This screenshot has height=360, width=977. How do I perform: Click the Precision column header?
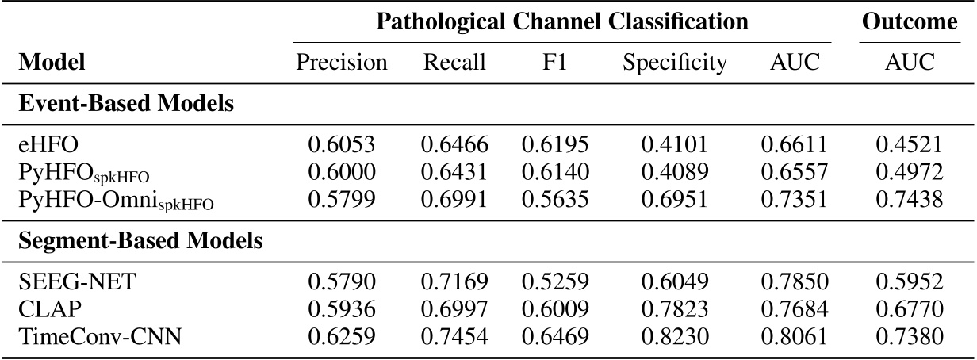(342, 63)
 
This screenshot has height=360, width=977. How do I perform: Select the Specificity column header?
(675, 63)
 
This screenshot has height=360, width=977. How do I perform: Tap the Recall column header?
(454, 63)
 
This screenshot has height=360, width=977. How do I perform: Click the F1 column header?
(554, 63)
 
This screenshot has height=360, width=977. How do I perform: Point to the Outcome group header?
(910, 23)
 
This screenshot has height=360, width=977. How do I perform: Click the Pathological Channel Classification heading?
(562, 23)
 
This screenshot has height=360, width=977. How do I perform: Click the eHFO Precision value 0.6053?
(342, 145)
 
